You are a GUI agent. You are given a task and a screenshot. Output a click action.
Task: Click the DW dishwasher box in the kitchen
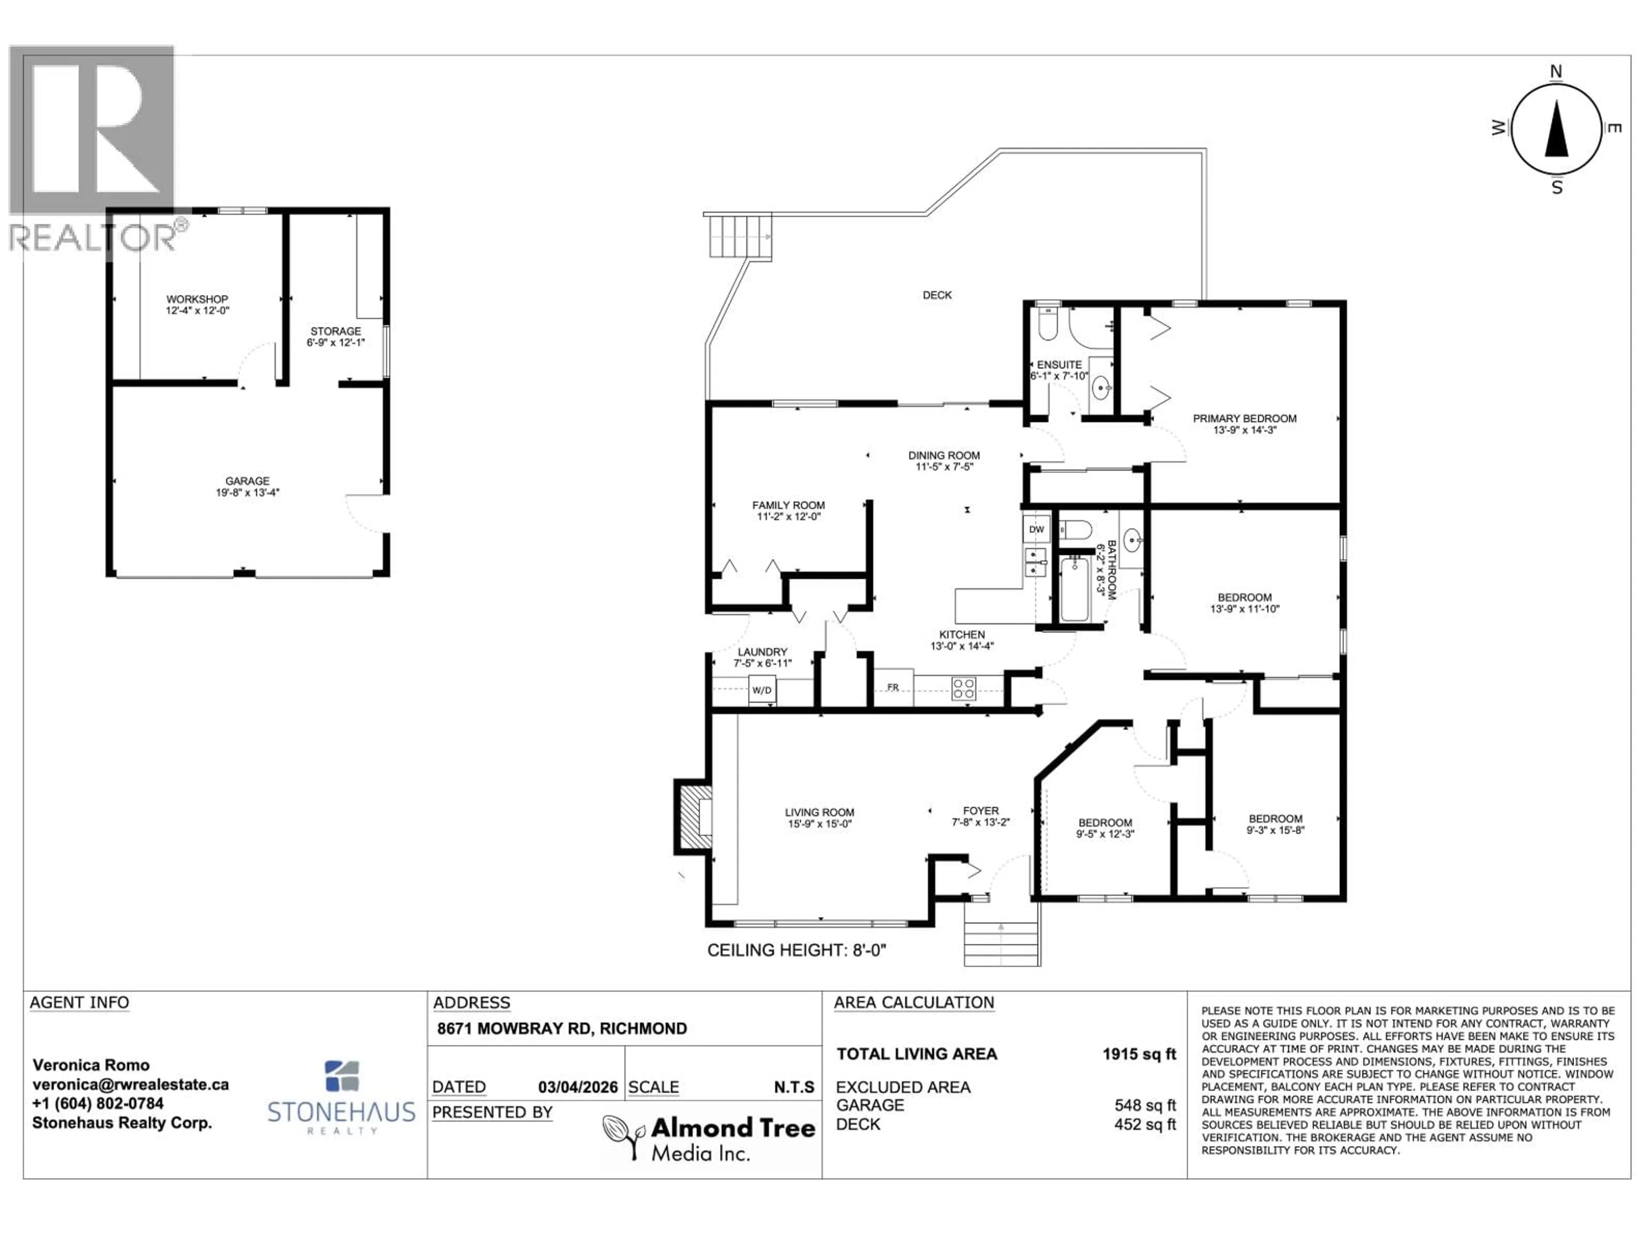pyautogui.click(x=1036, y=530)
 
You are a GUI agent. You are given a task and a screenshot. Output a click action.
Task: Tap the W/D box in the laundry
pyautogui.click(x=761, y=690)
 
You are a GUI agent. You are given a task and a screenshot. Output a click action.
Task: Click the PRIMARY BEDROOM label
pyautogui.click(x=1244, y=419)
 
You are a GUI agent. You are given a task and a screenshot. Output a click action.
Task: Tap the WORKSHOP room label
pyautogui.click(x=197, y=299)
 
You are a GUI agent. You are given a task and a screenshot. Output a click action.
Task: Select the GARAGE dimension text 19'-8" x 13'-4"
pyautogui.click(x=247, y=493)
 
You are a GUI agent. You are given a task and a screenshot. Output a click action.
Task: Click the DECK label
pyautogui.click(x=937, y=295)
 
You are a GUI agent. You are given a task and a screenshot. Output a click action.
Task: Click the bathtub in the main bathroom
pyautogui.click(x=1075, y=589)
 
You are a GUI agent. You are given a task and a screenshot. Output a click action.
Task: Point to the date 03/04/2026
pyautogui.click(x=578, y=1087)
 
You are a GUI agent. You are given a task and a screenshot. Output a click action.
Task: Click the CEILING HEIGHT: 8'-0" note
pyautogui.click(x=796, y=950)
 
